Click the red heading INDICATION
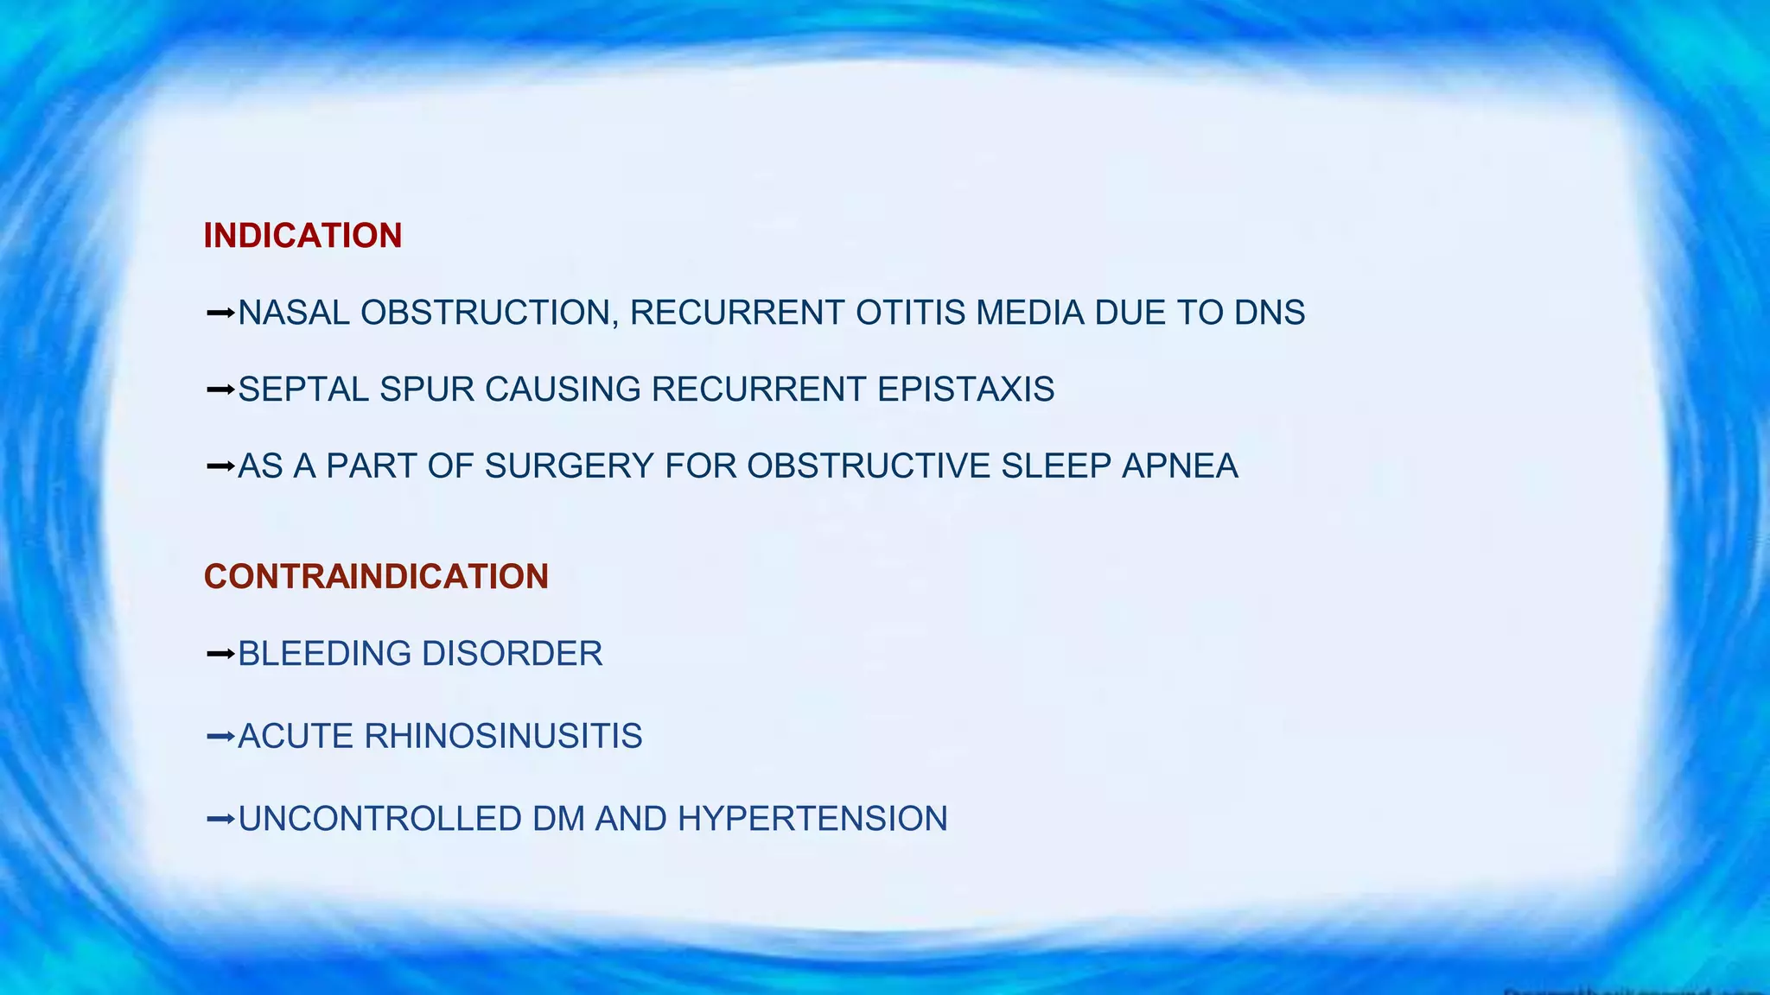point(302,236)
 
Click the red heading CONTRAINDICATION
point(376,577)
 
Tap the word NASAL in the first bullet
point(294,313)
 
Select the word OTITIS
point(910,313)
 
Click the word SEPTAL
point(303,390)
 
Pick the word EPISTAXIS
point(965,390)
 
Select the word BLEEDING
point(324,654)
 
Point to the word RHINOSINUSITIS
point(503,737)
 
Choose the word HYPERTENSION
point(812,819)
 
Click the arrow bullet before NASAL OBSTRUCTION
point(220,313)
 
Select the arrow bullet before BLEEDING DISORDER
point(220,654)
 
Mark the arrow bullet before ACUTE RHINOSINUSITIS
point(220,737)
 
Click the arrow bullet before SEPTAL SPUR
point(220,390)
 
